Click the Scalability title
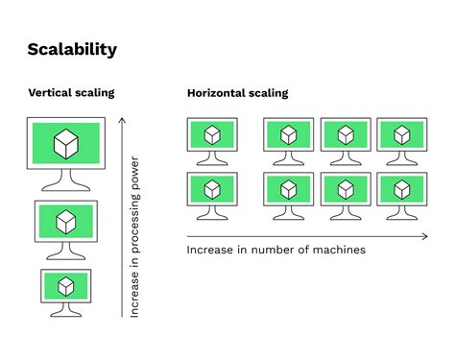[73, 49]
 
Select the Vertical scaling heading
[71, 93]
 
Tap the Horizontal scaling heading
[237, 93]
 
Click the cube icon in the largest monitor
[66, 145]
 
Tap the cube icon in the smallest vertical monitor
[66, 286]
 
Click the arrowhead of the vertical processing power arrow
[122, 119]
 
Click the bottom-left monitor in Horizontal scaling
[211, 191]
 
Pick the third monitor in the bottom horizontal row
[346, 191]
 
